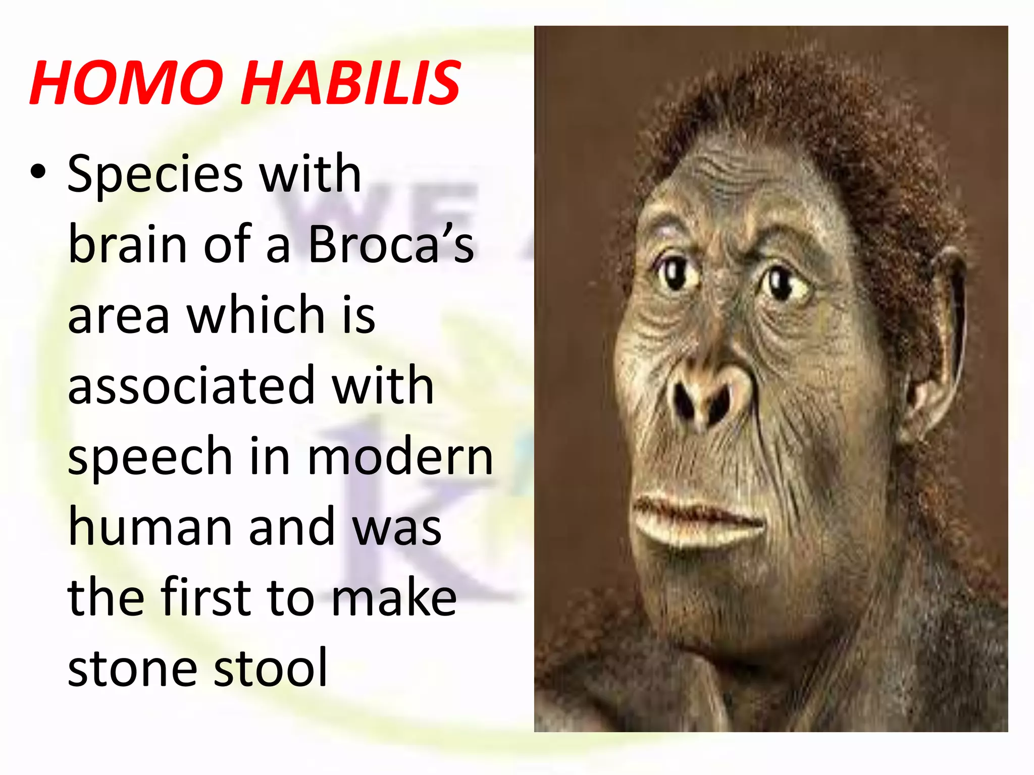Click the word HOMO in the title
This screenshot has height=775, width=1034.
point(126,82)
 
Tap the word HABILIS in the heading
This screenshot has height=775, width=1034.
point(350,82)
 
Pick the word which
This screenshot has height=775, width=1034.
point(256,315)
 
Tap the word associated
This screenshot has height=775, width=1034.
point(191,385)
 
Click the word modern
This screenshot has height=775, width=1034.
point(400,457)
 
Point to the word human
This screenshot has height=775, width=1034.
point(150,527)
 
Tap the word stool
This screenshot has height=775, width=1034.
point(271,668)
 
